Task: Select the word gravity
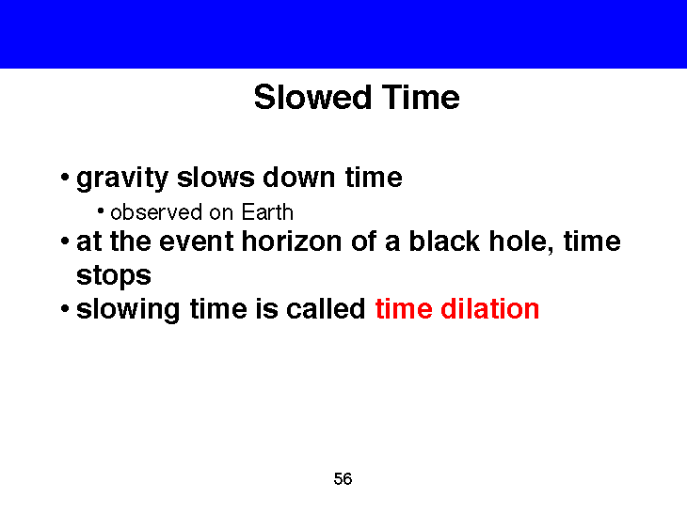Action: pos(122,178)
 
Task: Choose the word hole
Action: pos(520,242)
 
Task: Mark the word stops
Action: pos(113,276)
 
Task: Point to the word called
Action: pos(328,309)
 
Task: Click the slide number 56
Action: pos(343,480)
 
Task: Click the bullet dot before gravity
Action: pos(62,179)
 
